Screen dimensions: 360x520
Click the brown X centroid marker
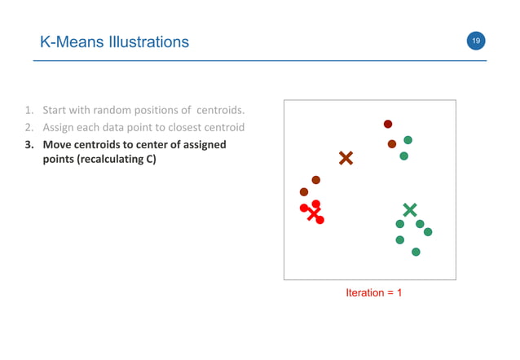(346, 158)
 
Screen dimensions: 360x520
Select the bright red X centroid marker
(313, 214)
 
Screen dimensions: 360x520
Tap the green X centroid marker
(409, 210)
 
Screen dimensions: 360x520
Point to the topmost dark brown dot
(388, 124)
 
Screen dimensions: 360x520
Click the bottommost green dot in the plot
(416, 252)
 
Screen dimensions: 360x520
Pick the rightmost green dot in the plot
(428, 232)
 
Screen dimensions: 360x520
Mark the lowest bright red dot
(319, 220)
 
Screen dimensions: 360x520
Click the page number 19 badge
(475, 41)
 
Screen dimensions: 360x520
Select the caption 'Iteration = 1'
(373, 292)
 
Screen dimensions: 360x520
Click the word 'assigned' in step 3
(199, 145)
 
